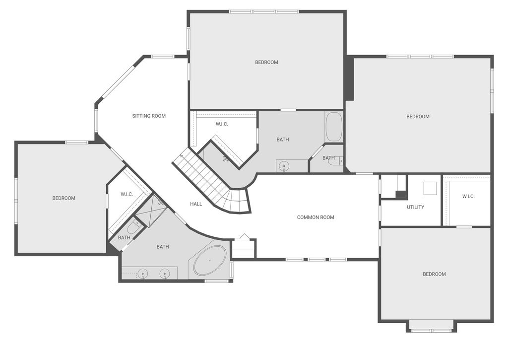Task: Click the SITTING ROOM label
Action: click(x=149, y=116)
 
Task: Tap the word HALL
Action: click(x=196, y=204)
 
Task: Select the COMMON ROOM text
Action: click(x=316, y=217)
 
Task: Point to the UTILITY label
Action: click(x=415, y=207)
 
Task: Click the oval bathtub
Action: click(x=209, y=260)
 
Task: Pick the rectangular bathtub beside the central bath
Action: click(x=333, y=127)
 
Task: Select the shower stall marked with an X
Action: click(x=152, y=212)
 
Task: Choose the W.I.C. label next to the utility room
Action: click(x=468, y=197)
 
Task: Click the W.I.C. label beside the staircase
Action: click(x=222, y=124)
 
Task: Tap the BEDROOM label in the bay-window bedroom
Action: click(x=434, y=274)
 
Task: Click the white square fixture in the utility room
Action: click(x=430, y=189)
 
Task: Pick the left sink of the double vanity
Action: click(x=143, y=273)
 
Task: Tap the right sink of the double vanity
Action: click(x=165, y=273)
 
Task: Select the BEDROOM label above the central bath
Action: click(x=266, y=63)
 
